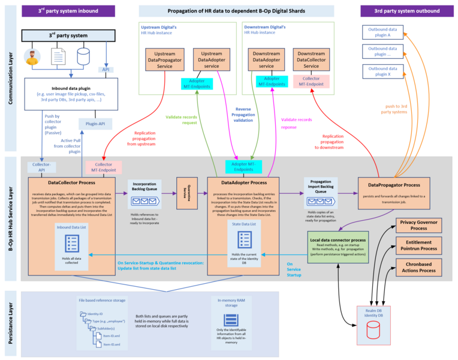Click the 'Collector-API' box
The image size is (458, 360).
point(40,166)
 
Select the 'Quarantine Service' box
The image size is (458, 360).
point(186,193)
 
